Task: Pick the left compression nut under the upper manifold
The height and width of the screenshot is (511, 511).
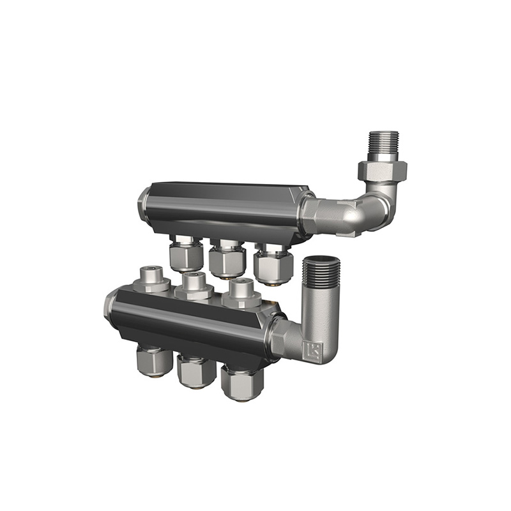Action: (x=186, y=256)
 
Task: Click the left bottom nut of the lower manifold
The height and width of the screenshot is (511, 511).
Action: (x=153, y=361)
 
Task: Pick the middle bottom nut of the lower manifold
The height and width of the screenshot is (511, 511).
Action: (x=195, y=371)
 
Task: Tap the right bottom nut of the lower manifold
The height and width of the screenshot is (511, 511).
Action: (x=241, y=381)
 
